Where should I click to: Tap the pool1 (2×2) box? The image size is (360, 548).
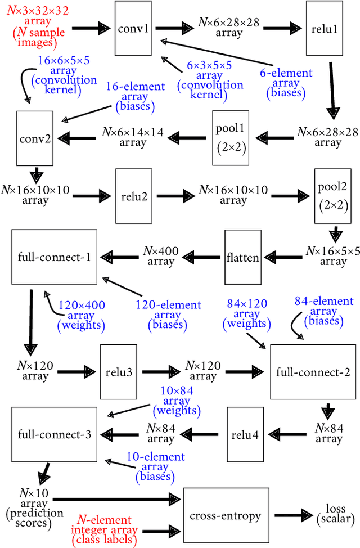[231, 138]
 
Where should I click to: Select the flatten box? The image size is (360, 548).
[243, 257]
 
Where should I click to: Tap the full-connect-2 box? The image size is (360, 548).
[313, 372]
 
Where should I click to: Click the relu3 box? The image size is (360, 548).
[119, 372]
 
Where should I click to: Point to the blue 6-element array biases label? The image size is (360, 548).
[285, 83]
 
